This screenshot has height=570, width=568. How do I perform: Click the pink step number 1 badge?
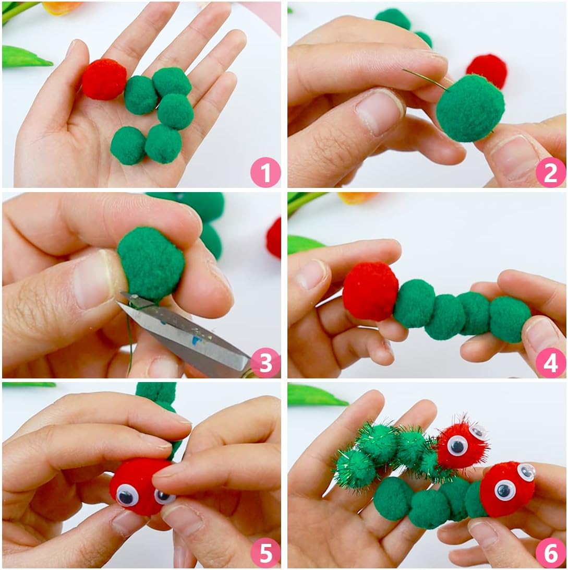(265, 172)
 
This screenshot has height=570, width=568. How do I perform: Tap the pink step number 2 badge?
(551, 172)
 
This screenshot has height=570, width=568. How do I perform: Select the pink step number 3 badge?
(265, 362)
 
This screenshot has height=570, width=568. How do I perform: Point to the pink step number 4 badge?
(551, 362)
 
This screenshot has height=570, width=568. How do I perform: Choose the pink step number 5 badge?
(265, 553)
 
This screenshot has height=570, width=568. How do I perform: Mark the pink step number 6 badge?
(551, 553)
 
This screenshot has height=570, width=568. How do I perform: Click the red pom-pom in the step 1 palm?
(104, 79)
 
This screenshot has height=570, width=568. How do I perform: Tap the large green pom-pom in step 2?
(470, 108)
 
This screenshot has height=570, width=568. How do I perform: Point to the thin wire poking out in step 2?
(426, 80)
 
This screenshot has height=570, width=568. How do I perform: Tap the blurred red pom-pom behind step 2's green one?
(487, 70)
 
